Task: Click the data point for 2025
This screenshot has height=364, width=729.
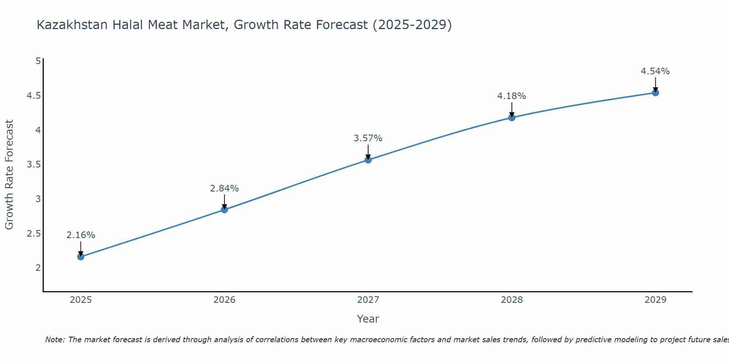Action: click(x=81, y=257)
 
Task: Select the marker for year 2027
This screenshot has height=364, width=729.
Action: click(x=368, y=160)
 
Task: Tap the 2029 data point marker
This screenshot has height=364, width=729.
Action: click(x=655, y=92)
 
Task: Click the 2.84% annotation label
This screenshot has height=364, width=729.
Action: click(x=225, y=189)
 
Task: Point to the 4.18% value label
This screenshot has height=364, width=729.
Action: click(x=512, y=96)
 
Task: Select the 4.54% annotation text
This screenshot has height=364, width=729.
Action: click(x=655, y=71)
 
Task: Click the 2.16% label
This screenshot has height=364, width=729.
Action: click(x=81, y=235)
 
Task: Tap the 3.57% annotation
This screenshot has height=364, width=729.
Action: click(x=368, y=138)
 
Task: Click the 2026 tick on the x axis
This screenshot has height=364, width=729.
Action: click(x=225, y=300)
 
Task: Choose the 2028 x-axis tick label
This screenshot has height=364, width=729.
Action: click(x=512, y=300)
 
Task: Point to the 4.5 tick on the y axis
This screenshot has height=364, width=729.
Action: click(x=34, y=96)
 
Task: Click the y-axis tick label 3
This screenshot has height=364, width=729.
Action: click(x=38, y=199)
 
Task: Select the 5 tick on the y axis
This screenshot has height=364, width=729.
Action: click(x=38, y=61)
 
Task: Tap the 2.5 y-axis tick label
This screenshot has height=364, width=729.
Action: click(x=34, y=234)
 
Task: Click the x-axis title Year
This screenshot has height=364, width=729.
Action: click(x=368, y=319)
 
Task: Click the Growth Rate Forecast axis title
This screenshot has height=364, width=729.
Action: click(x=9, y=175)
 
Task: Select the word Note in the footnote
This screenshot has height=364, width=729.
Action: click(x=55, y=340)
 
